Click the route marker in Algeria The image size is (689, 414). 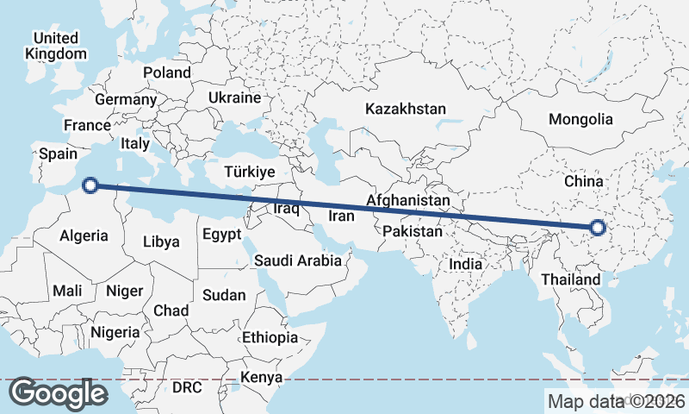(x=90, y=183)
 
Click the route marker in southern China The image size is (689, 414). (x=598, y=229)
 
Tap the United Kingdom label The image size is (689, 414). (x=56, y=46)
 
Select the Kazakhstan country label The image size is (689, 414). (x=405, y=110)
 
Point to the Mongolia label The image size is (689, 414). (x=581, y=120)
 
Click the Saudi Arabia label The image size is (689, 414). (x=298, y=260)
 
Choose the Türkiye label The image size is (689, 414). (x=249, y=172)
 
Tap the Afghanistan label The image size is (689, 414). (x=408, y=201)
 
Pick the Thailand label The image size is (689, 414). (x=570, y=280)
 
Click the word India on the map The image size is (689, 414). (x=466, y=264)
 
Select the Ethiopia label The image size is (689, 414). (x=270, y=337)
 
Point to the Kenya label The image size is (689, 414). (x=262, y=377)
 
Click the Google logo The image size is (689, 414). (x=59, y=393)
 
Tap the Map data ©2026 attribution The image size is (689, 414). (x=616, y=401)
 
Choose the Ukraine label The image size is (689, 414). (x=233, y=97)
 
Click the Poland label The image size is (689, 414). (x=166, y=72)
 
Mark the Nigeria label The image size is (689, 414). (x=115, y=332)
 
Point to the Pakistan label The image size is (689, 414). (x=413, y=232)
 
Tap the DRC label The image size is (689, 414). (x=186, y=387)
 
